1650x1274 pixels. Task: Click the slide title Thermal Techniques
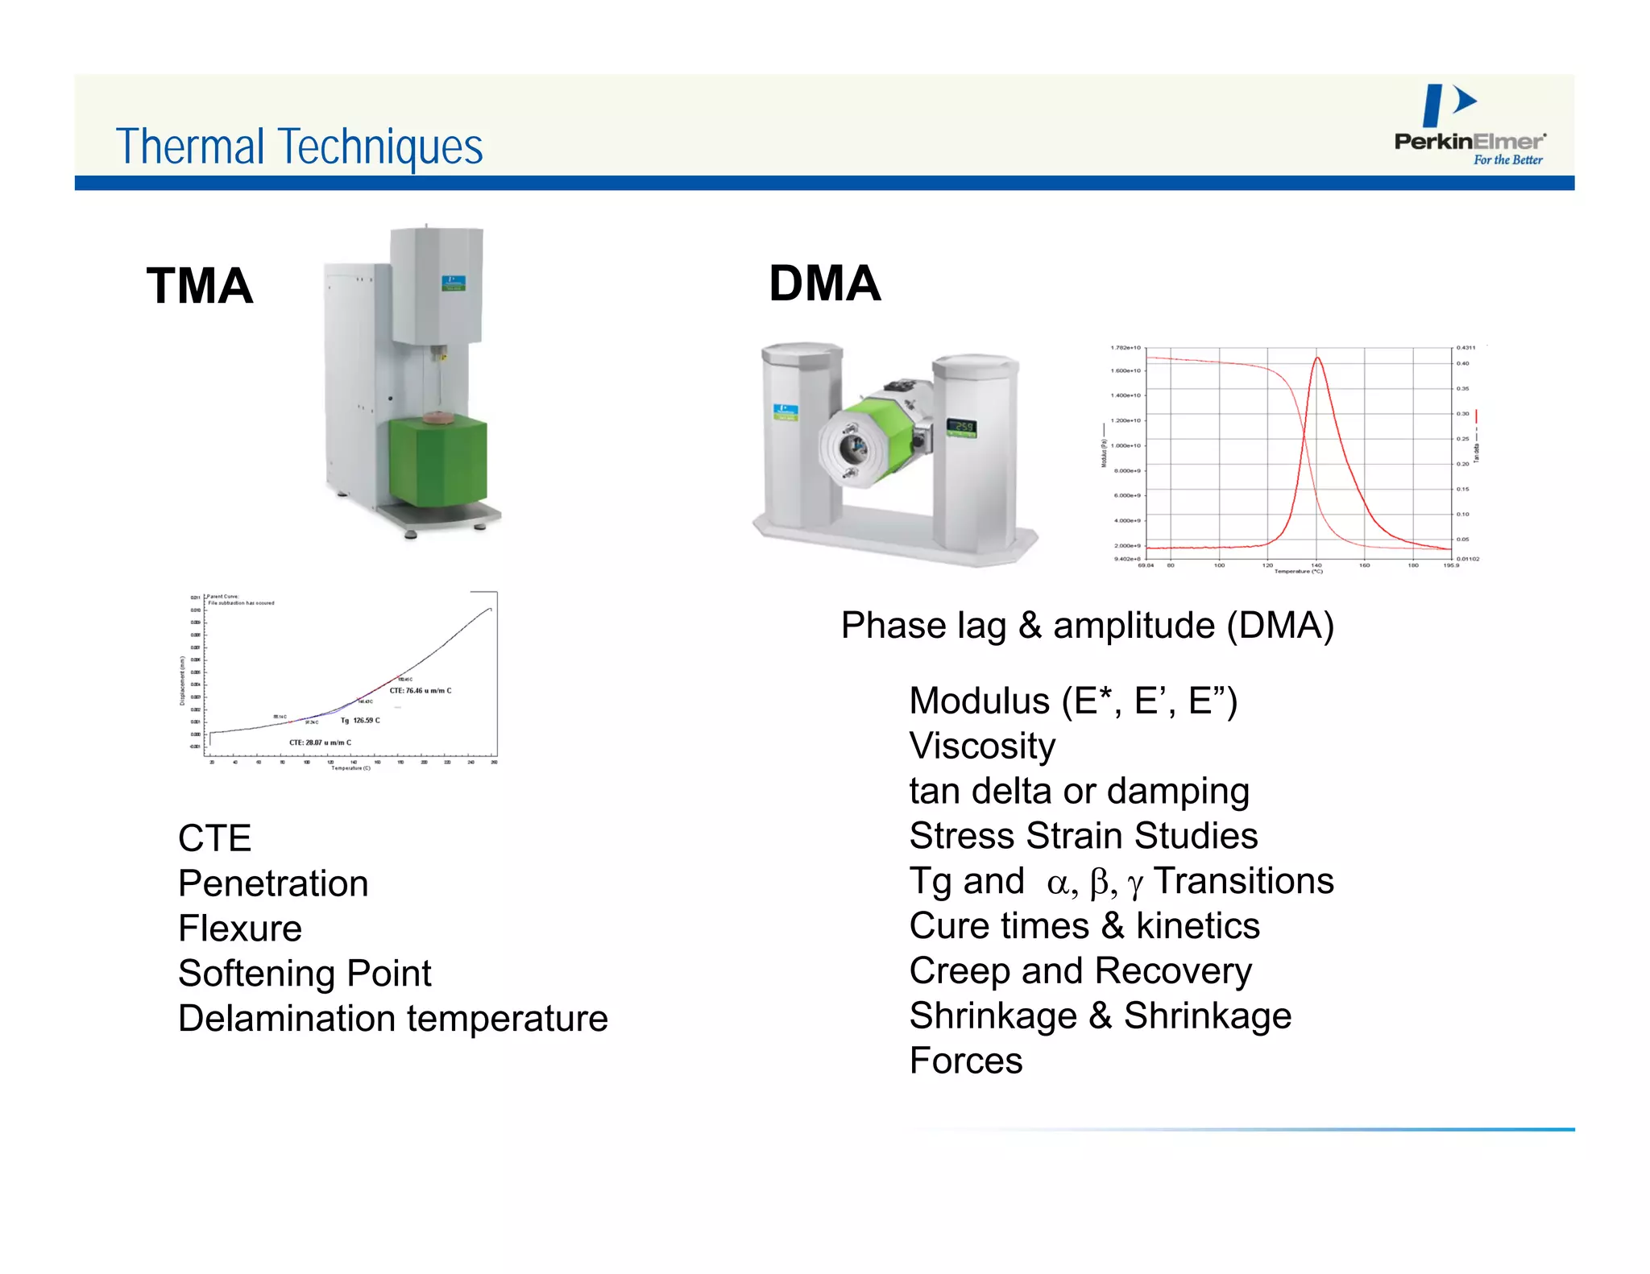[x=299, y=147]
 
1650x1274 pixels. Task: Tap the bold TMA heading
[x=200, y=286]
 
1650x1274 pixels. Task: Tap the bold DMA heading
[x=824, y=283]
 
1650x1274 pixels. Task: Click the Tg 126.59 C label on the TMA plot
[x=360, y=721]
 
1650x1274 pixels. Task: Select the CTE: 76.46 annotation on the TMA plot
[x=421, y=691]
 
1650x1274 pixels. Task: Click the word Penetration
[x=273, y=883]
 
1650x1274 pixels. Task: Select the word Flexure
[x=240, y=929]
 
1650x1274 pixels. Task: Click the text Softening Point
[x=305, y=974]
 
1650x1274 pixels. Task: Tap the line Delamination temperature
[x=392, y=1019]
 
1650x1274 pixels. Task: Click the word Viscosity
[x=982, y=746]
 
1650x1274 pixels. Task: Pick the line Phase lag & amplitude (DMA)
[x=1087, y=626]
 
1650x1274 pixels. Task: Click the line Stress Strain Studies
[x=1083, y=836]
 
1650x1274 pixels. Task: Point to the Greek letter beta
[x=1099, y=883]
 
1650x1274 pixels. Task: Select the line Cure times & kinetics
[x=1084, y=926]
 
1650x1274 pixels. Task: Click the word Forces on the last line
[x=966, y=1061]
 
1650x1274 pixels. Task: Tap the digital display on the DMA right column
[x=962, y=426]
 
